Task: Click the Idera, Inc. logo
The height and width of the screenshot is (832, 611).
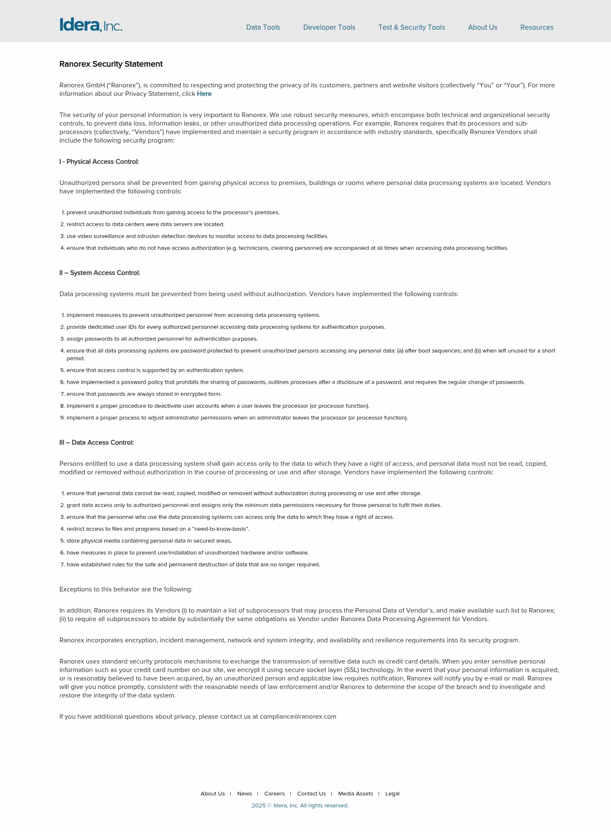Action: click(91, 25)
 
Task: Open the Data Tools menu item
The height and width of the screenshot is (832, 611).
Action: click(263, 27)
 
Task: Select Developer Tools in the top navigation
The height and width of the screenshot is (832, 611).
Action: click(329, 27)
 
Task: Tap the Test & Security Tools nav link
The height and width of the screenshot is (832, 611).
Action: click(412, 27)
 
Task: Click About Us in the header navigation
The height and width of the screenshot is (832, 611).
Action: click(482, 27)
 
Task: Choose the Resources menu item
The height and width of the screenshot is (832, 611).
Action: click(537, 27)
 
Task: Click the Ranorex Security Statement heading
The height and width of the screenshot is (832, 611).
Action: click(111, 64)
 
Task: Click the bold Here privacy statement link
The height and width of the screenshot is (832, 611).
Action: click(204, 94)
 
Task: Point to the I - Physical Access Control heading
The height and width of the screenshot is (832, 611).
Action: click(99, 162)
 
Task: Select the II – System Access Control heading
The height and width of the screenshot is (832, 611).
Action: click(100, 273)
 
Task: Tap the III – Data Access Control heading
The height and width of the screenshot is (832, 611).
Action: click(97, 443)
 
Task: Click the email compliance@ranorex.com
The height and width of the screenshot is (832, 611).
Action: click(298, 717)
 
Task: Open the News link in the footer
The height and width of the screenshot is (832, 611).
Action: click(244, 793)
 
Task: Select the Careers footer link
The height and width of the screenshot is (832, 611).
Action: click(275, 793)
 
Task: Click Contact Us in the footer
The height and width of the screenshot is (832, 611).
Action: click(311, 793)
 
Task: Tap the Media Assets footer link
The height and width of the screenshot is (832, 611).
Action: click(356, 793)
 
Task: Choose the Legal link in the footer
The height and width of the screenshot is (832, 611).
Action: click(392, 793)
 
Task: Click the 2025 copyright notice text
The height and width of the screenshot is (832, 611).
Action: click(300, 805)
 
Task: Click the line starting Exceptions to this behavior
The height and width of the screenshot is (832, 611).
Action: click(126, 589)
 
